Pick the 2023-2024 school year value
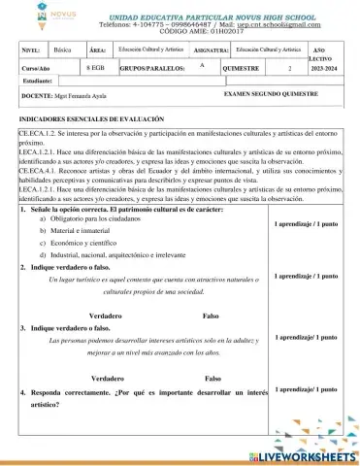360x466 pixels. pyautogui.click(x=322, y=71)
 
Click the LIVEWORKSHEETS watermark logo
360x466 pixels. pyautogui.click(x=301, y=453)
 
